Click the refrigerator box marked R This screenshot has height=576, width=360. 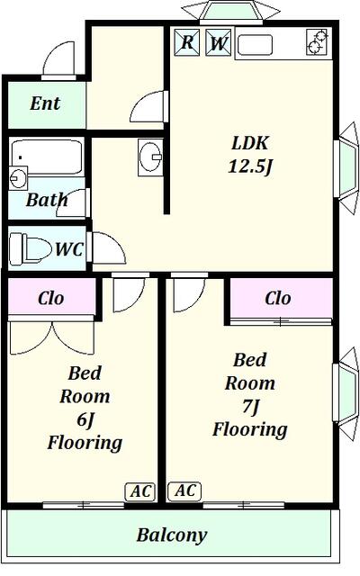(187, 42)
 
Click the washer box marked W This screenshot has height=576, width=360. (218, 42)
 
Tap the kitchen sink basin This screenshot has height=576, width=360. (255, 45)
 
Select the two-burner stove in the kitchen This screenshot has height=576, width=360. (317, 41)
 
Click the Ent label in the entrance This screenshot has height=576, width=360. (45, 103)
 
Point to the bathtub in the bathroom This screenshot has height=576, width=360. (47, 156)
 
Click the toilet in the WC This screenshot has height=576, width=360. (31, 248)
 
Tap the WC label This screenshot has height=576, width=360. (69, 249)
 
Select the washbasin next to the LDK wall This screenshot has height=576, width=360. (150, 157)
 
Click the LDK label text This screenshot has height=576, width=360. (250, 142)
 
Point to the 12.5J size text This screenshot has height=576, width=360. (250, 166)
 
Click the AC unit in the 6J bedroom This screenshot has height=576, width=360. (140, 491)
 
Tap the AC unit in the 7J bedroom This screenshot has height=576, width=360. (184, 490)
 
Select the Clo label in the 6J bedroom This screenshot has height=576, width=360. (51, 298)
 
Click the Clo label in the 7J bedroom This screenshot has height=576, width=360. (278, 298)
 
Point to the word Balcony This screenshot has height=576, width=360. (172, 535)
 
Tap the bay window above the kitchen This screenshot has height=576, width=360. (230, 12)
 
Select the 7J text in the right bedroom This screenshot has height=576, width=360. (251, 407)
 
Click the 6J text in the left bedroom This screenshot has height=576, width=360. (85, 419)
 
